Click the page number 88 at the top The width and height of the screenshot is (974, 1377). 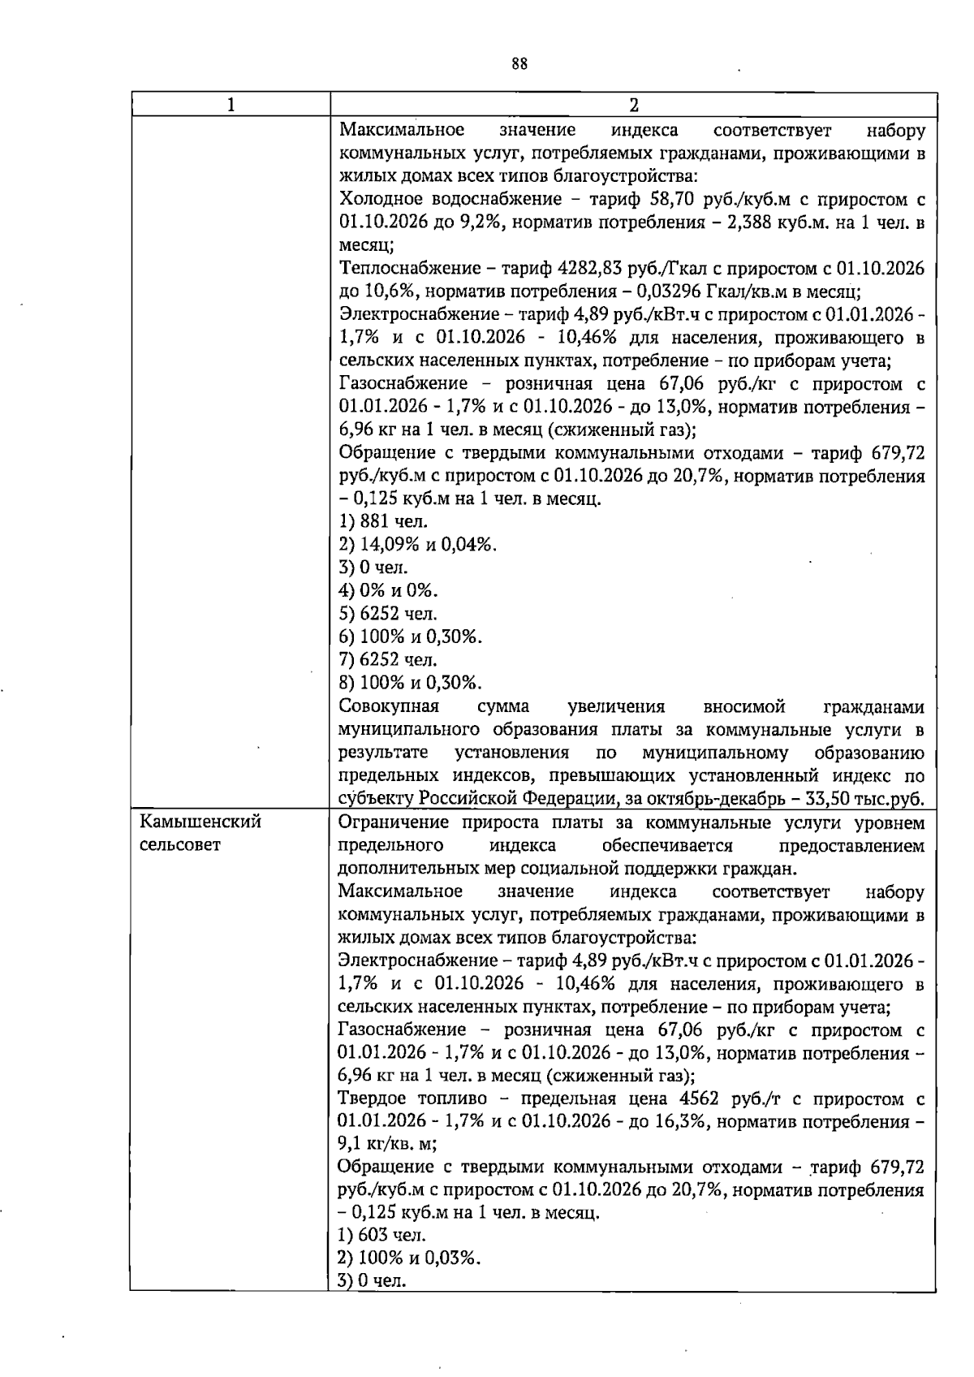point(519,64)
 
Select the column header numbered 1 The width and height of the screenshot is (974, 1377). point(231,105)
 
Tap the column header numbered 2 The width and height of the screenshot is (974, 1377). point(633,105)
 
